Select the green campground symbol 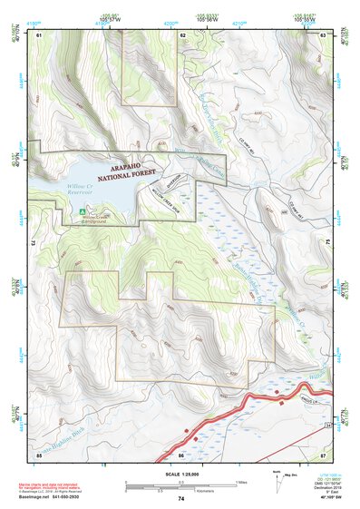pos(75,213)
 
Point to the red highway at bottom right pos(272,396)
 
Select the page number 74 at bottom pos(181,499)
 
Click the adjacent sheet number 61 pos(39,34)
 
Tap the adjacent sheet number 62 pos(182,34)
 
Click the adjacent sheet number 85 pos(39,454)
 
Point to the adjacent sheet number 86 pos(181,454)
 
